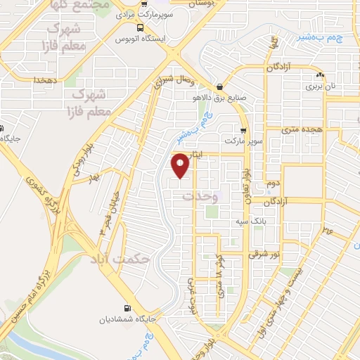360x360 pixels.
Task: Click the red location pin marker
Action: pyautogui.click(x=181, y=165)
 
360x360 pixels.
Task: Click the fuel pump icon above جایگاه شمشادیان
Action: pyautogui.click(x=127, y=307)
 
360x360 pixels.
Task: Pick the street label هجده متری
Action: pyautogui.click(x=300, y=130)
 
